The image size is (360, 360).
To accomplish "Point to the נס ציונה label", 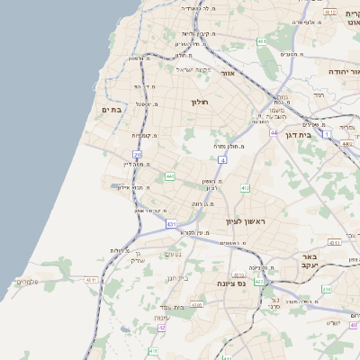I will pos(220,283).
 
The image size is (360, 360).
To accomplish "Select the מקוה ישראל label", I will pos(193,70).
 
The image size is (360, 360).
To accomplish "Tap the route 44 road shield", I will pos(273,132).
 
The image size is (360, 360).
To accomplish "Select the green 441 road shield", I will pos(169,176).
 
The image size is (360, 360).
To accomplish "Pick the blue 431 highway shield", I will pos(171,223).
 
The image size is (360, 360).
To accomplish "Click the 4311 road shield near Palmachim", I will pos(90,280).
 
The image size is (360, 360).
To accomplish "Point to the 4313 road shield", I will pos(335,242).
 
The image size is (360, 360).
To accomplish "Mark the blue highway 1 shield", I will pos(327,133).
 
